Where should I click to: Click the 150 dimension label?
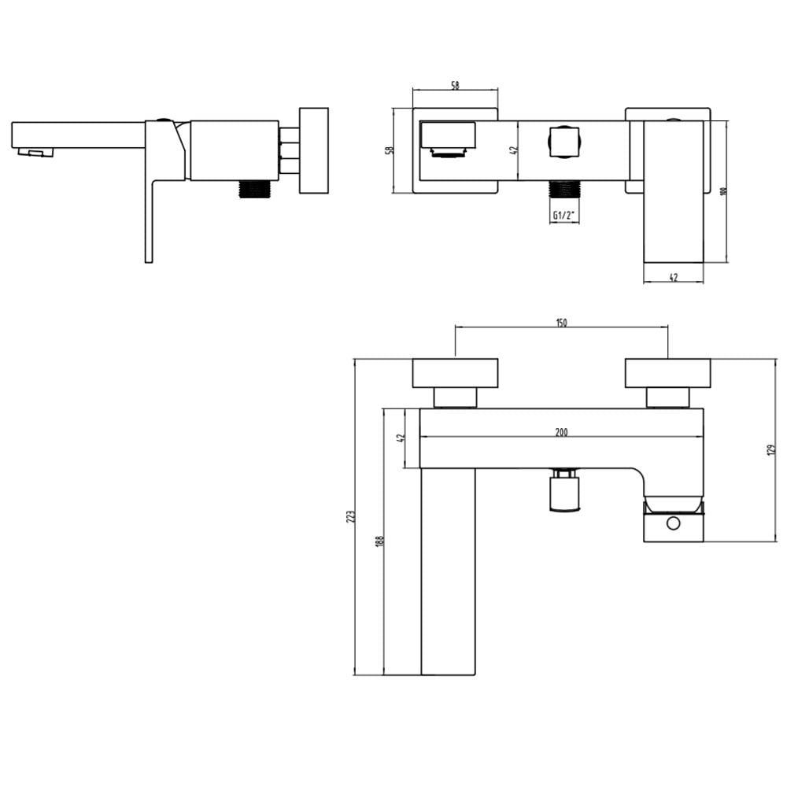click(x=562, y=323)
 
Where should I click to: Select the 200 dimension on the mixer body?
click(x=562, y=432)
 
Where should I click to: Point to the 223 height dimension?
click(x=351, y=517)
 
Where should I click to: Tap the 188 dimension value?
click(x=379, y=541)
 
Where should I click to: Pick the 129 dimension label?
click(x=772, y=450)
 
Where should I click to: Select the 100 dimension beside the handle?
click(x=724, y=191)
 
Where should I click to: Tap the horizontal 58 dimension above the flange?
click(x=455, y=85)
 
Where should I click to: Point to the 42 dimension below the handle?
click(x=674, y=277)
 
